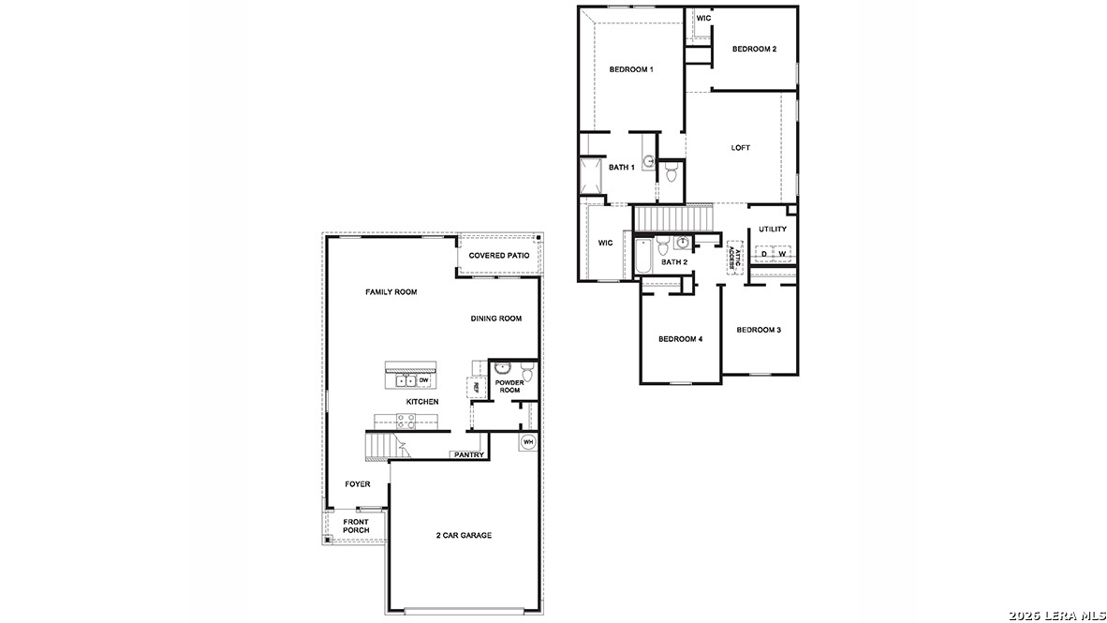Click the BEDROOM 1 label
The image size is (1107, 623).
630,69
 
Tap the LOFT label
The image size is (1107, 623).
741,148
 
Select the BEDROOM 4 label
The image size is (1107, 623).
680,339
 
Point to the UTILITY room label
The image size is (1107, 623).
773,230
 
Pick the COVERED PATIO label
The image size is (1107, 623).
499,256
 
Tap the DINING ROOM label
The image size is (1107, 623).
496,319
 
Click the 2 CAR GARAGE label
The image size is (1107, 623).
464,536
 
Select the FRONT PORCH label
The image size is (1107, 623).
356,527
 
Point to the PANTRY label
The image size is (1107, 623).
468,455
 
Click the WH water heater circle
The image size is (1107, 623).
527,442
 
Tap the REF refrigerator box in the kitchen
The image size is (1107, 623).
475,386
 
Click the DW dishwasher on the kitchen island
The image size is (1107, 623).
423,380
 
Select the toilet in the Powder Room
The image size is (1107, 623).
526,375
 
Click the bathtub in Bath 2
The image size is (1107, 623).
643,258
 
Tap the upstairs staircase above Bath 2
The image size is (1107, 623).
674,218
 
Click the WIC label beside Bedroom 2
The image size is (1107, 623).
702,18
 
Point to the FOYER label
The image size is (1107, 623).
358,484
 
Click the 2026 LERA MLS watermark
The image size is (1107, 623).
1056,615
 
